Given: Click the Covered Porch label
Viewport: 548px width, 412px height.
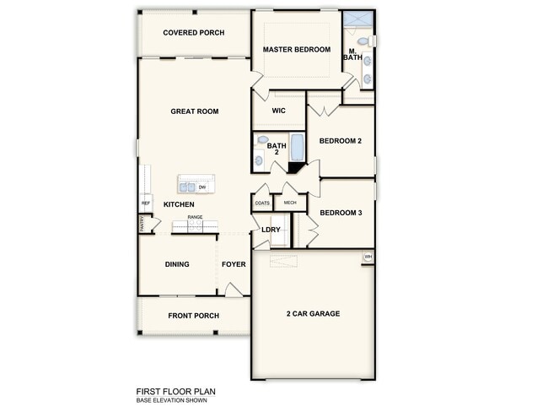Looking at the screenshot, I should (193, 33).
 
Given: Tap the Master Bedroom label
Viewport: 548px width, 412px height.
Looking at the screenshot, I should (296, 50).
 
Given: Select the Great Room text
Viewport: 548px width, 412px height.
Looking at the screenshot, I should (195, 111).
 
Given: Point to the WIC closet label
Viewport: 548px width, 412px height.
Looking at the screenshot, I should (278, 111).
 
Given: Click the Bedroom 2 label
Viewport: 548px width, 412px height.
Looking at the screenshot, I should (341, 141).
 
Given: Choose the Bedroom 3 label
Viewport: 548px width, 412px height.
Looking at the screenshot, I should (341, 214).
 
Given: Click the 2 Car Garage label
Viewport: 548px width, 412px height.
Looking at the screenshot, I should (313, 314).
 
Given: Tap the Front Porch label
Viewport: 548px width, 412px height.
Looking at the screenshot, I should (193, 316).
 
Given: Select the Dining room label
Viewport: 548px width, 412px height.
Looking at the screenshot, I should (177, 264).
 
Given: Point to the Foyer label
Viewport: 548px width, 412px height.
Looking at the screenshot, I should (234, 264).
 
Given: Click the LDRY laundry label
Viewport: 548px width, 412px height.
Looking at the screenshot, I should (271, 230).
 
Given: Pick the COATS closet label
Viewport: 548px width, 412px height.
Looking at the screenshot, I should (261, 203).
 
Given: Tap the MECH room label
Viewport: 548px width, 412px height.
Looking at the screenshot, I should (290, 203).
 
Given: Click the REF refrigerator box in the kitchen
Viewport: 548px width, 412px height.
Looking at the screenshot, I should (145, 203).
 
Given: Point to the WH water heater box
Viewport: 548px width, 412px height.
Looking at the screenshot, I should (368, 257).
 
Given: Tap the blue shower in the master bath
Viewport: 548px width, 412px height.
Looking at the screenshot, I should (359, 19).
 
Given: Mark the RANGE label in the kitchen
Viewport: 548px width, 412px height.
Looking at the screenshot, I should (195, 218).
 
